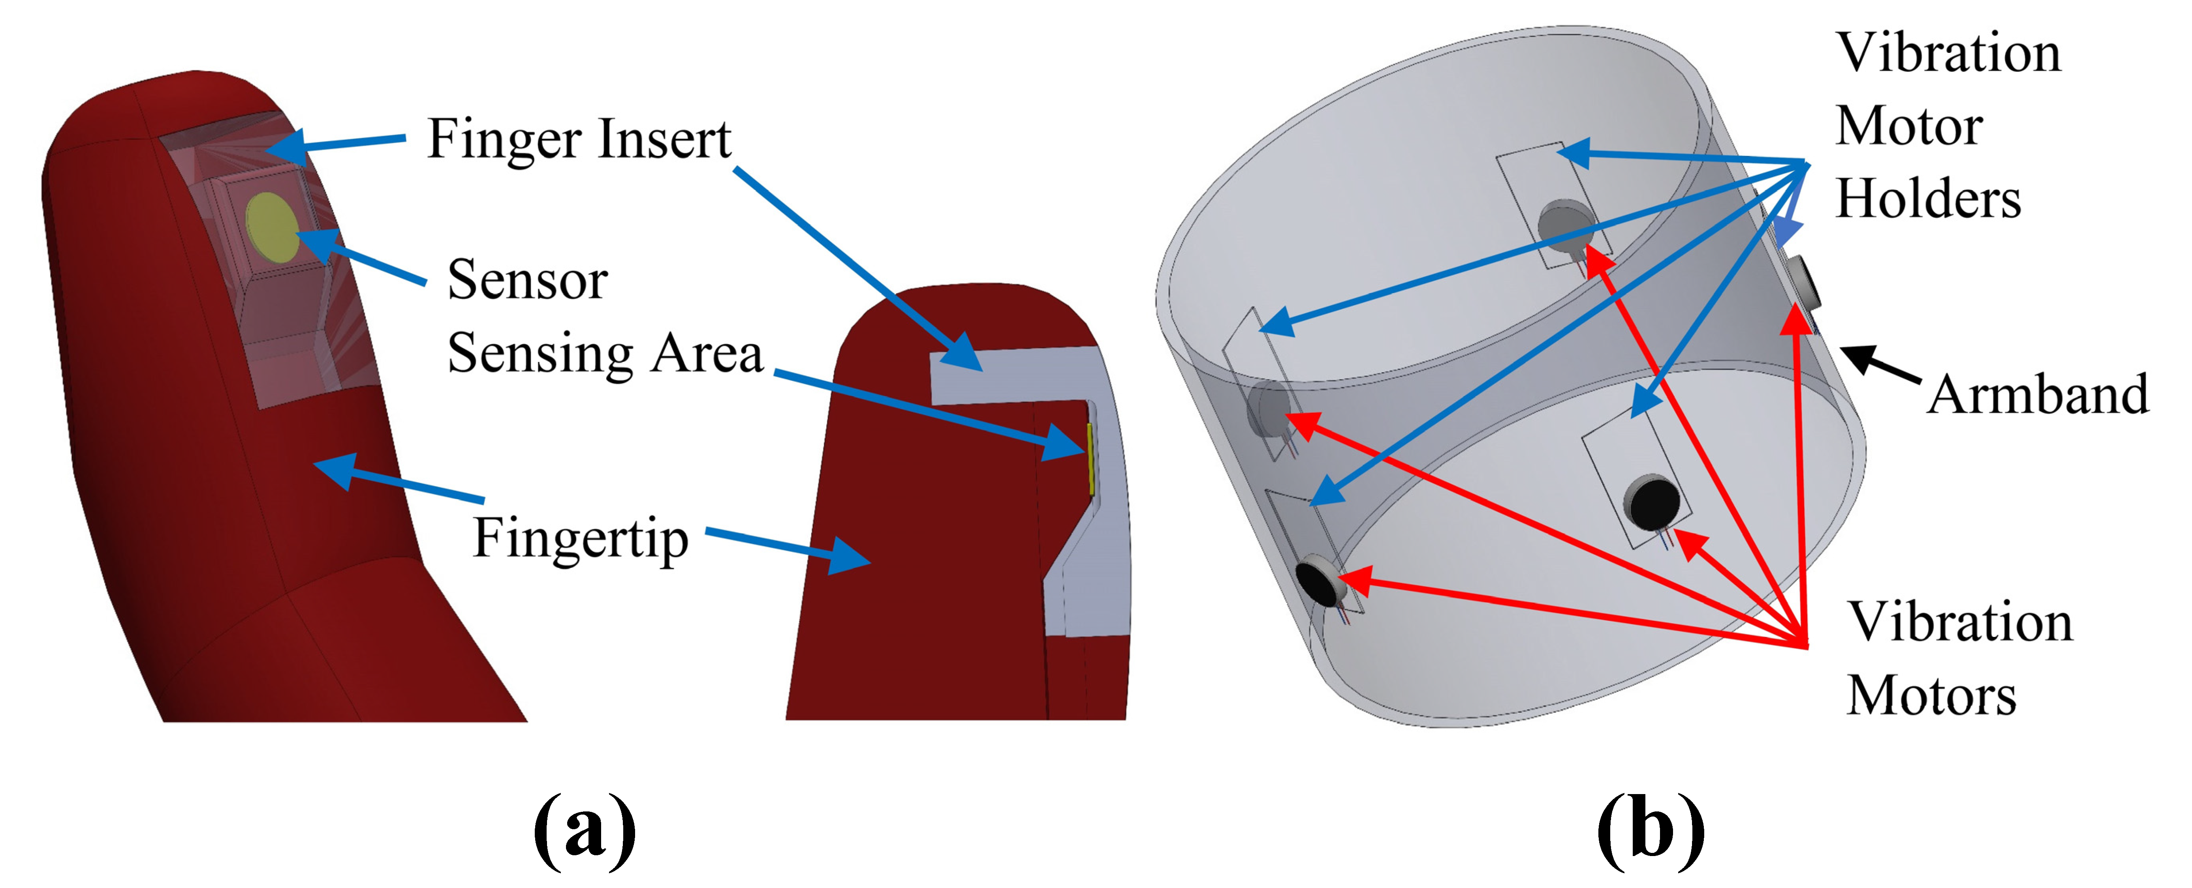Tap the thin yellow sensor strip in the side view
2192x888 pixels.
[x=1090, y=459]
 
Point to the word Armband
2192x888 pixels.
[x=2038, y=395]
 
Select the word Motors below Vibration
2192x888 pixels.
[x=1932, y=696]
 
